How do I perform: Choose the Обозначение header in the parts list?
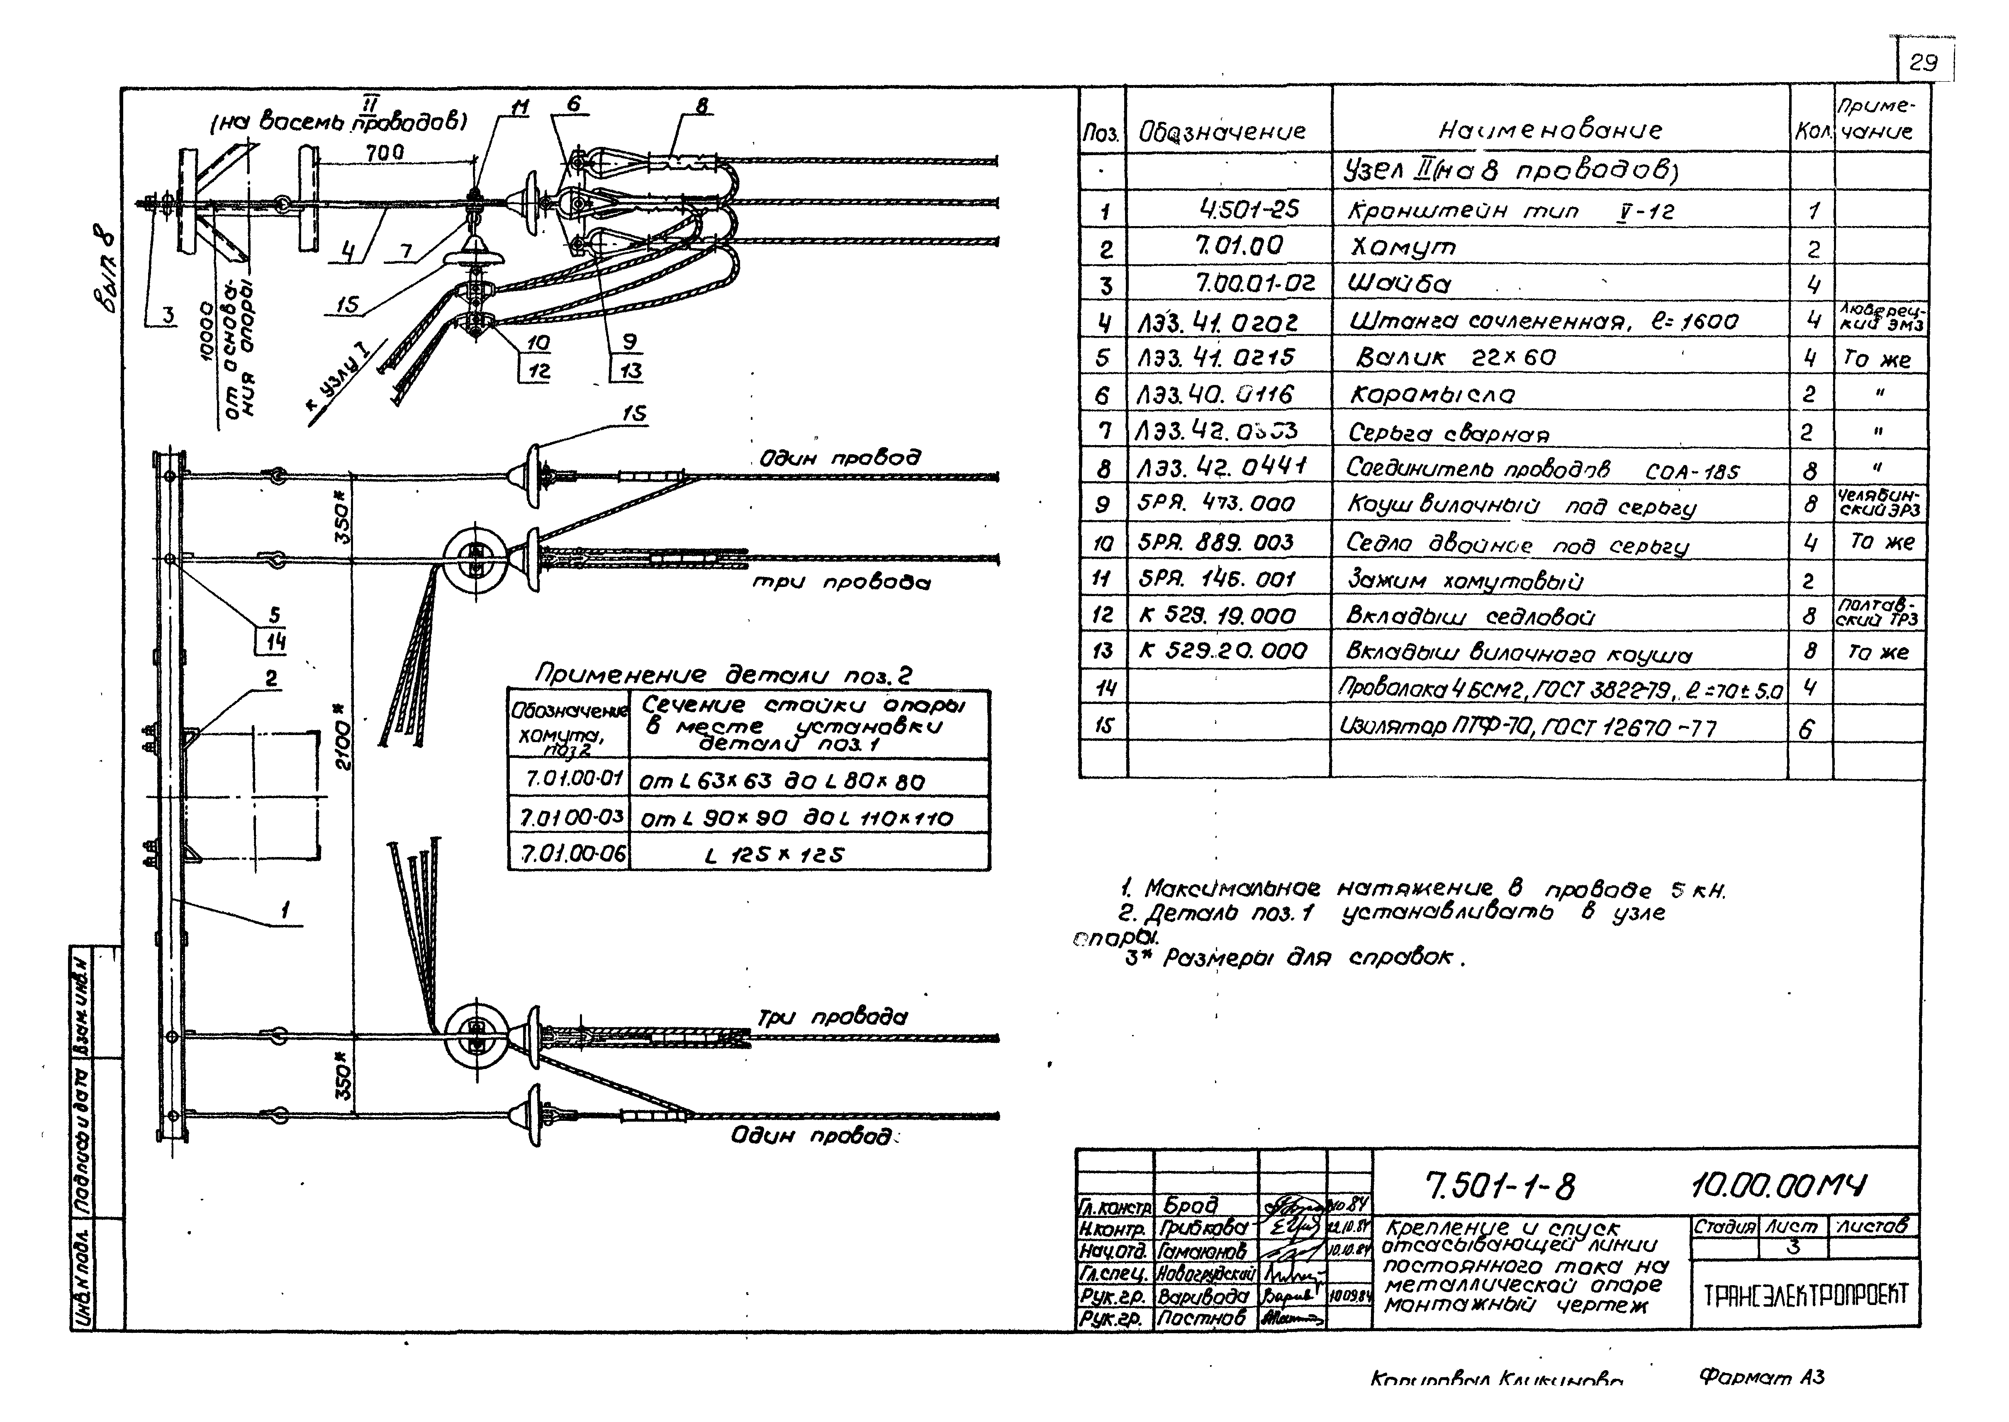tap(1221, 131)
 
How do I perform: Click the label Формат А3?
tap(1761, 1377)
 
